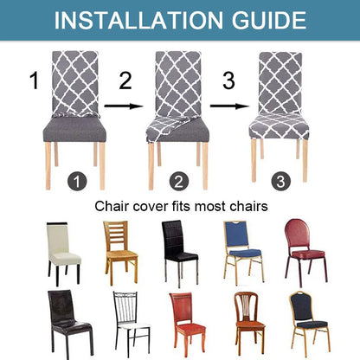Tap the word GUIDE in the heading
[261, 20]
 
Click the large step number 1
[34, 82]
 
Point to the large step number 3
[228, 82]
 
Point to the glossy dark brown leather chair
[66, 323]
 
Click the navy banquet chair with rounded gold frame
[307, 323]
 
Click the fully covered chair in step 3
[279, 108]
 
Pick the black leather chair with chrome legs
[180, 248]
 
